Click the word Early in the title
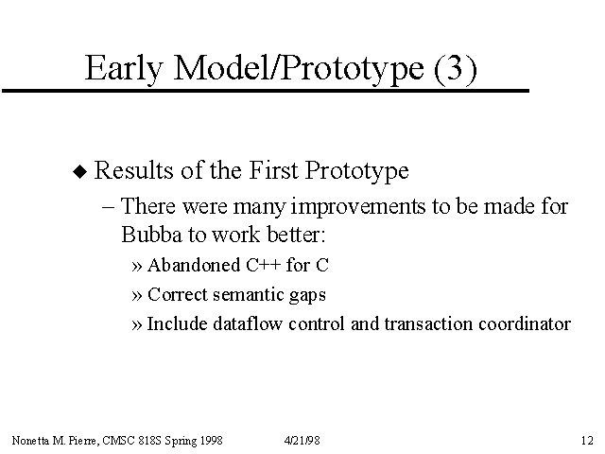tap(124, 68)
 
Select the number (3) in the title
tap(456, 69)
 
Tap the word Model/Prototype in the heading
tap(299, 68)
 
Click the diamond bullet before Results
tap(80, 171)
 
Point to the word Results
tap(133, 170)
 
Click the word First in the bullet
tap(273, 170)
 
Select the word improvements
tap(357, 206)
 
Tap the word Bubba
tap(151, 235)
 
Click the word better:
tap(296, 235)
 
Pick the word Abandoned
tap(194, 265)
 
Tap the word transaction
tap(428, 323)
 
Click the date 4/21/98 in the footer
tap(302, 441)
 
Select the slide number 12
tap(587, 441)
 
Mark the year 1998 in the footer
tap(212, 441)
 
